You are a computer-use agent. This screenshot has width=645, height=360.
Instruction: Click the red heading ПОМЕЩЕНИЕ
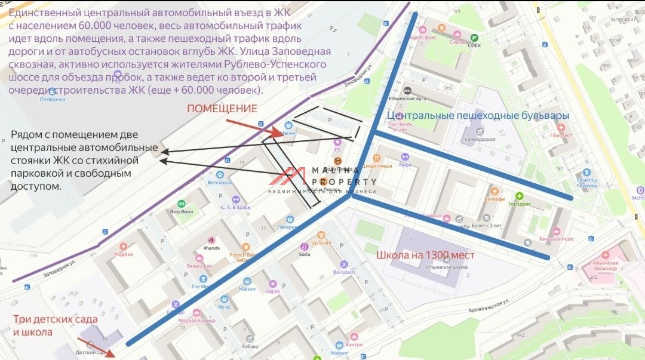click(222, 109)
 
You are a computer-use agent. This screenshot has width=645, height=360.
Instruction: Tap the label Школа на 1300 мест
click(425, 255)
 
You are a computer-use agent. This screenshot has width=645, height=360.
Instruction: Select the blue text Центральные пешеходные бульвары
click(478, 115)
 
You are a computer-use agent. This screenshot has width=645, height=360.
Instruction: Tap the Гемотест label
click(561, 136)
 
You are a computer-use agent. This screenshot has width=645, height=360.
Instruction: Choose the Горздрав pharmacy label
click(519, 203)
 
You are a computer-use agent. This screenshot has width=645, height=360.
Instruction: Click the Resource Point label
click(556, 239)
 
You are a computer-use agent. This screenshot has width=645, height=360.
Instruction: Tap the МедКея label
click(124, 253)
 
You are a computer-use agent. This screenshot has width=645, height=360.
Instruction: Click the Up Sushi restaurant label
click(321, 243)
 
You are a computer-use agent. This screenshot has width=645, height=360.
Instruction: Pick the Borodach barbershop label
click(344, 272)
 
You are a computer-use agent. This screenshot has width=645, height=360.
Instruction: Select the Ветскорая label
click(219, 182)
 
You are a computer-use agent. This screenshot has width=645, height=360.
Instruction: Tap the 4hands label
click(211, 248)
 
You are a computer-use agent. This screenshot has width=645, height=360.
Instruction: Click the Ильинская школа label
click(426, 268)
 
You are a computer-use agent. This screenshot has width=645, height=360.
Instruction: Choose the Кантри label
click(354, 344)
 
